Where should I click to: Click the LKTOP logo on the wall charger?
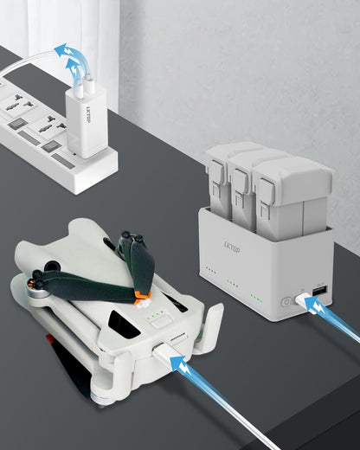click(x=88, y=119)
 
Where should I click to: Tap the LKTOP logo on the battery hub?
click(x=232, y=247)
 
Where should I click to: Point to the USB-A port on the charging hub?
click(x=320, y=291)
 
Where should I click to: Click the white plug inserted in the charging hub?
click(x=303, y=299)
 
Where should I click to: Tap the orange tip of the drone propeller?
click(x=143, y=296)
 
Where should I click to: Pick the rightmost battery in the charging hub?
click(x=292, y=196)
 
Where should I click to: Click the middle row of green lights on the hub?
click(x=233, y=283)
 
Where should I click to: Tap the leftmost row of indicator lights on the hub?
click(x=211, y=270)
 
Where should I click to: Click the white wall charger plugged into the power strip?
click(x=86, y=122)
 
